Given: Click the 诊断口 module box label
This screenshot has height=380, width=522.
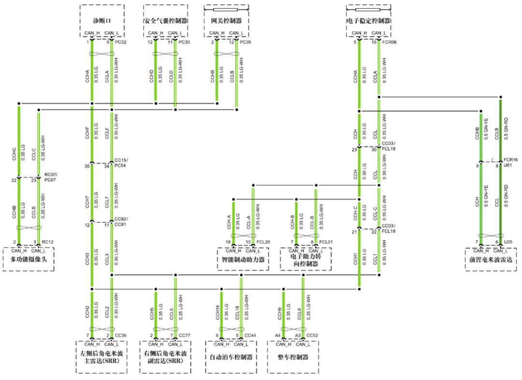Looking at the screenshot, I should [102, 21].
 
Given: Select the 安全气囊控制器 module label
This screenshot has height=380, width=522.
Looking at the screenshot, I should [166, 21].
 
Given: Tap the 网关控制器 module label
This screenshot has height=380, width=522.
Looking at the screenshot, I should [226, 21].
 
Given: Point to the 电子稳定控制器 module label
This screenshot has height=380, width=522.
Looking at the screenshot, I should [368, 21].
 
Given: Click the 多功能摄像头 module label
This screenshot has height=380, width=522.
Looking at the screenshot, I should [29, 260].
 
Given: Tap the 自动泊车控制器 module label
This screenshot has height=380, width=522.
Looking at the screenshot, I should [231, 357].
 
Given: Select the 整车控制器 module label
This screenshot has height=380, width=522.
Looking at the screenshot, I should [293, 357].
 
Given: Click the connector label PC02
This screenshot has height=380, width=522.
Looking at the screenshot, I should [121, 43].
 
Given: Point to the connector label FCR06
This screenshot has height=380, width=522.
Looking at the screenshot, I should [390, 43].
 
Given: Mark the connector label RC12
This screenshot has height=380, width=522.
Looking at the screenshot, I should [47, 242].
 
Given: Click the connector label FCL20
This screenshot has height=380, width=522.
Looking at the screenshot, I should [263, 242].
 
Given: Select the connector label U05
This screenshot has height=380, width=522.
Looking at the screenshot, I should [508, 242].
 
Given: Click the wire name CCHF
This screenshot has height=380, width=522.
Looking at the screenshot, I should [87, 133].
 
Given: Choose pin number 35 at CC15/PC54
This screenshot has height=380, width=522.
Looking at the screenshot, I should [87, 166].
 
